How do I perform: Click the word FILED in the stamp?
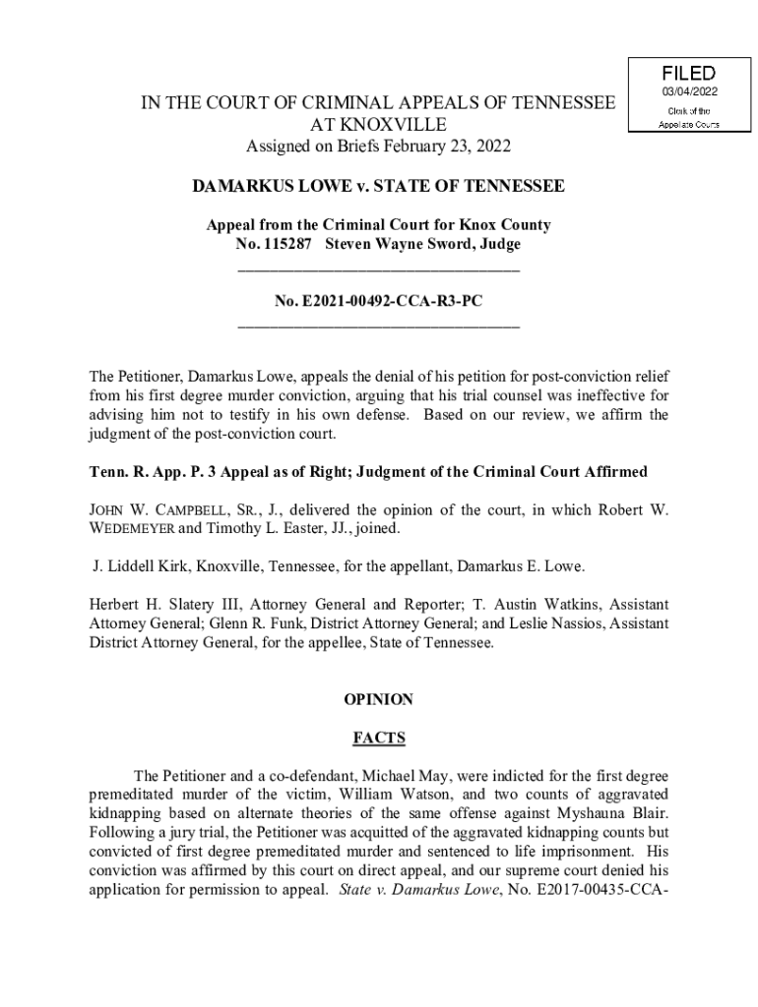point(688,74)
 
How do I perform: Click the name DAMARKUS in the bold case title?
point(237,187)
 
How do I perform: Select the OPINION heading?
point(378,700)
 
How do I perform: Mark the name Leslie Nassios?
point(554,624)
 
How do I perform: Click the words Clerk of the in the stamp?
point(688,110)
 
